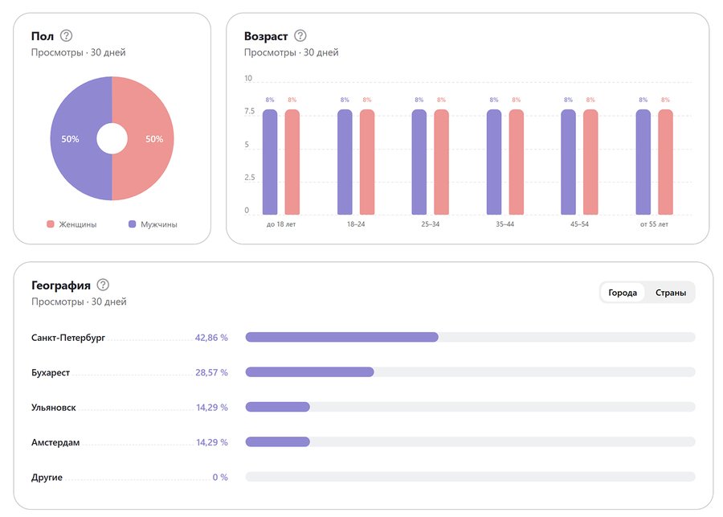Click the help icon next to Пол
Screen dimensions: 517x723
(x=67, y=35)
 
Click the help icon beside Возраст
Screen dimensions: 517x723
(x=300, y=35)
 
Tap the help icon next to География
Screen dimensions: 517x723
(x=103, y=285)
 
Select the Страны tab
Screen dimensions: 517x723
(x=671, y=293)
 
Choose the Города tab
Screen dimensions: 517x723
(x=623, y=293)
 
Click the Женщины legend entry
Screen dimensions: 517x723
(x=72, y=224)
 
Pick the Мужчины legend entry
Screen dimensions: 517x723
(x=153, y=224)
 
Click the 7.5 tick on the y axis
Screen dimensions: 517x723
(x=249, y=112)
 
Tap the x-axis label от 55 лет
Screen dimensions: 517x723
(x=654, y=224)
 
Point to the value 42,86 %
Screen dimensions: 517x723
(x=211, y=338)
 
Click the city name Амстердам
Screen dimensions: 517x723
(x=55, y=442)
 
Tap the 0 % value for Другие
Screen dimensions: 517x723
(x=220, y=477)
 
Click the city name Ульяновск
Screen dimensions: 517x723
(x=54, y=408)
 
